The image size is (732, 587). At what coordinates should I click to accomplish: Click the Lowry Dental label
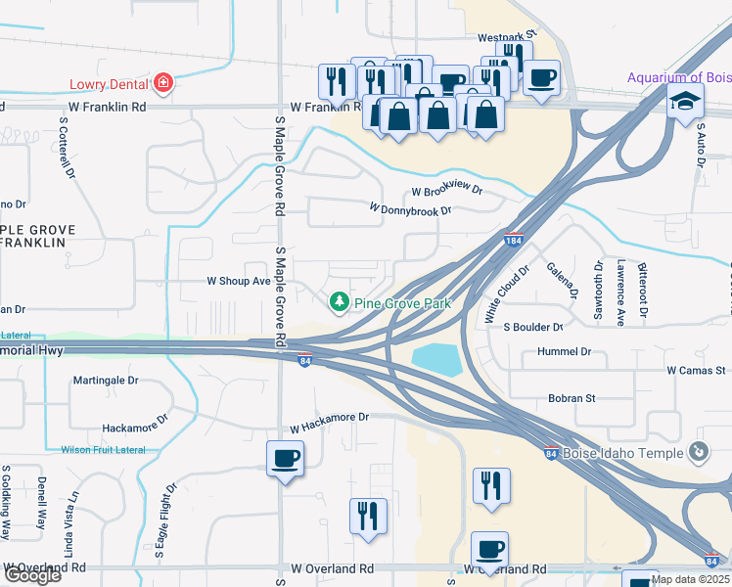[106, 84]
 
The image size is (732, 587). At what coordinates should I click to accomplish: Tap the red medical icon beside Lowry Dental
[162, 84]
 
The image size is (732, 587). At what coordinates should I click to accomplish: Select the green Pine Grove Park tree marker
[340, 302]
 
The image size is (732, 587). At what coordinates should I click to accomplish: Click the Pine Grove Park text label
[402, 303]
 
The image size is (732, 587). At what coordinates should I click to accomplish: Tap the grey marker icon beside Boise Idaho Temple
[698, 452]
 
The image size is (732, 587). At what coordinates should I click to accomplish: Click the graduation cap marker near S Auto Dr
[685, 102]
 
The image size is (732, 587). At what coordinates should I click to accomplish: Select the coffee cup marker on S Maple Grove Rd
[285, 458]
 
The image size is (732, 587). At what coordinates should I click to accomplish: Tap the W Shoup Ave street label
[238, 281]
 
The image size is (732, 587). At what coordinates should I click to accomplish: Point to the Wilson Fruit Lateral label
[103, 450]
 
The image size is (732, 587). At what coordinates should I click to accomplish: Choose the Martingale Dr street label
[106, 380]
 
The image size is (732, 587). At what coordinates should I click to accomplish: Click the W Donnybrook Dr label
[410, 209]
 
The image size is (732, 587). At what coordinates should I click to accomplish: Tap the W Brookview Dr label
[447, 192]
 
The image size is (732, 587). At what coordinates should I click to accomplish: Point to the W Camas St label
[696, 371]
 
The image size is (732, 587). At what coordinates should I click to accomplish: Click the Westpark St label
[507, 37]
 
